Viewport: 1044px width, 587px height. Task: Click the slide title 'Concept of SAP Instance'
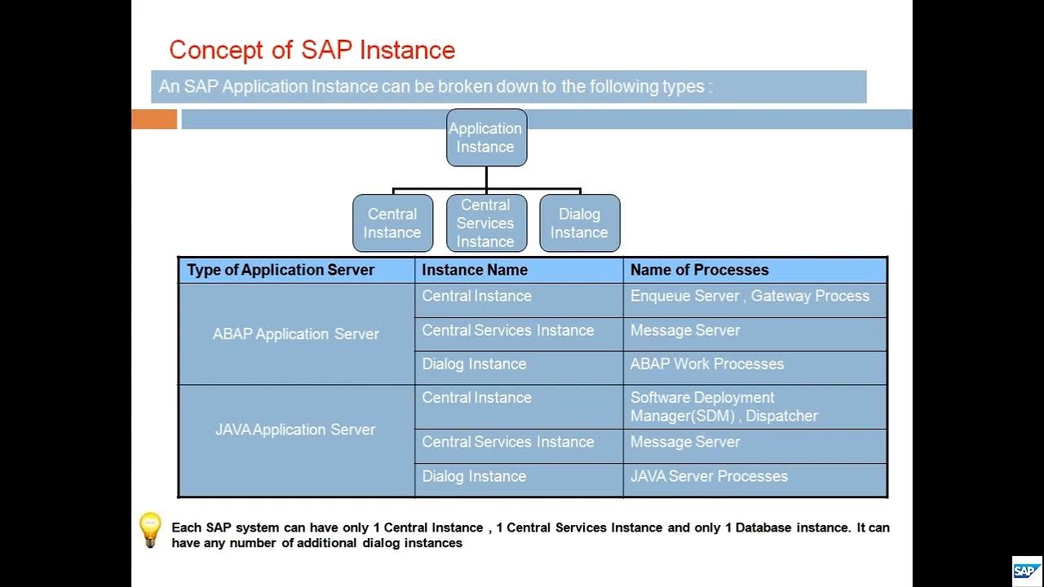point(312,50)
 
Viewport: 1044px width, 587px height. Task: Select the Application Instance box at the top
point(486,138)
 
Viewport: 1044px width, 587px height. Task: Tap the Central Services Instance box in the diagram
point(486,223)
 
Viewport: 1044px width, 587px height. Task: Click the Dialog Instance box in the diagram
point(579,223)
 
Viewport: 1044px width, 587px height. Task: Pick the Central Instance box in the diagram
point(392,223)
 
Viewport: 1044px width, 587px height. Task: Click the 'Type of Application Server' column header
point(281,270)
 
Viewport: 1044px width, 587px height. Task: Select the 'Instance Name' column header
point(475,270)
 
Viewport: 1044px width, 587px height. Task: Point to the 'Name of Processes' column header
point(699,270)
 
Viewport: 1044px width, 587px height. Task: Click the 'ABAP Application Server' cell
point(296,334)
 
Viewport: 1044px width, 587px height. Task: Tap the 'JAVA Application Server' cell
point(295,430)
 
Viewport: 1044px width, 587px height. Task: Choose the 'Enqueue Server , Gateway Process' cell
point(750,297)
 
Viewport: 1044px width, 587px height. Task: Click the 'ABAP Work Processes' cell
point(707,364)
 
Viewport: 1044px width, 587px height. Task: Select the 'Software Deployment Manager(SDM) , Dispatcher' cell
point(724,407)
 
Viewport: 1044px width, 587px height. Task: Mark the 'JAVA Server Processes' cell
point(709,476)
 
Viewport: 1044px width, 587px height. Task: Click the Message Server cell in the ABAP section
point(685,330)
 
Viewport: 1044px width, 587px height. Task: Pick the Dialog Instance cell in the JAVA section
point(474,476)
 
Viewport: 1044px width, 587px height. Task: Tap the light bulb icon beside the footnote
point(150,530)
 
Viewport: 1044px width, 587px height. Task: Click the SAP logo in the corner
point(1026,571)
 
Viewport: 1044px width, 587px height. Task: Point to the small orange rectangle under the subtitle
point(154,120)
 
